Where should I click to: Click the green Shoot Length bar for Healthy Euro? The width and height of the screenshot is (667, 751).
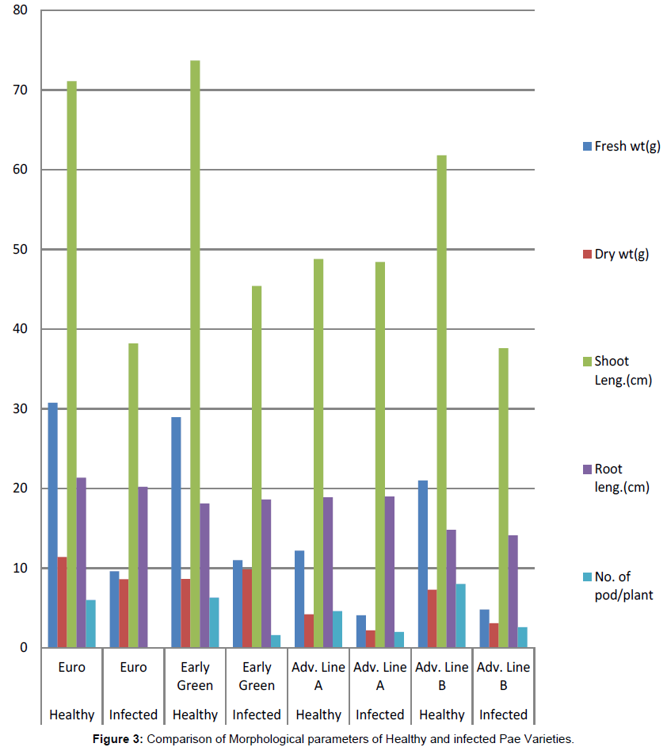[71, 365]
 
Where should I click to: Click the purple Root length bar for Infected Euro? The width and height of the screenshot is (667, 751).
[143, 567]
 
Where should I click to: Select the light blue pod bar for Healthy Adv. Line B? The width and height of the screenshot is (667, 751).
[461, 615]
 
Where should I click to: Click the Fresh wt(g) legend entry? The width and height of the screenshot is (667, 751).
[622, 146]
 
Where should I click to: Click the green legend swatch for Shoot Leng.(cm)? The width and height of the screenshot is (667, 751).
[587, 362]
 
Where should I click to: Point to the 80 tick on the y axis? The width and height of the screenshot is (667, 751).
[17, 11]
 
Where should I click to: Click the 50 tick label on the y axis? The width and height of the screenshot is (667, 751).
[17, 250]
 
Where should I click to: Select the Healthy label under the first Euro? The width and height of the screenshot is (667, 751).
[71, 715]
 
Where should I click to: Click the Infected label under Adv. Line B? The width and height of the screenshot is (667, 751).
[504, 715]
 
